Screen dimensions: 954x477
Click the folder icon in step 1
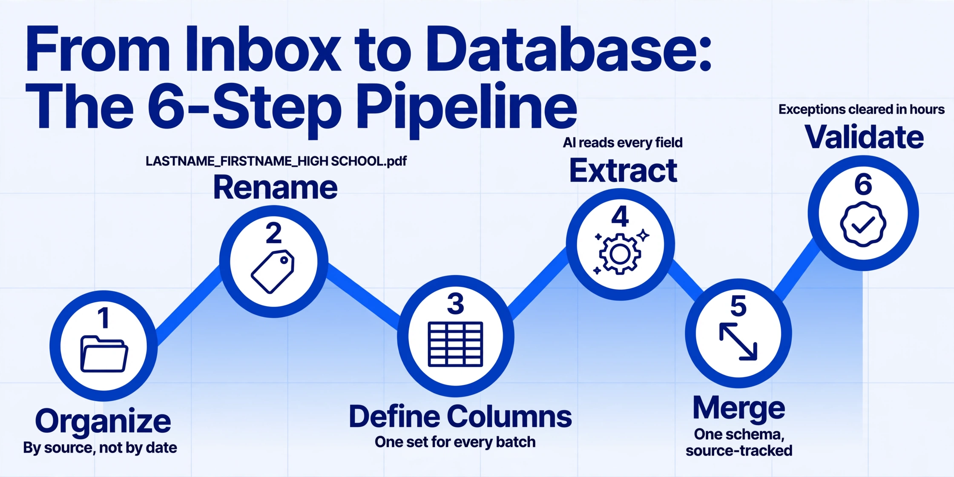click(104, 354)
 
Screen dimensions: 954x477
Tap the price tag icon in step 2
click(273, 272)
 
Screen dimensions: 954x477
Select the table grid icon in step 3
click(455, 344)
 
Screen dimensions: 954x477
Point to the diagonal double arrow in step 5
click(738, 342)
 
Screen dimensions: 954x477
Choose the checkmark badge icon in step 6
click(863, 224)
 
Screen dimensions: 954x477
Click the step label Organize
click(103, 421)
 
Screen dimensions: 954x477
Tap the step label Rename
click(275, 187)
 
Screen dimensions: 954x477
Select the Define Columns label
click(460, 416)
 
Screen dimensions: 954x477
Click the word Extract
click(623, 171)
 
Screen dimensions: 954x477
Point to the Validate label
click(864, 137)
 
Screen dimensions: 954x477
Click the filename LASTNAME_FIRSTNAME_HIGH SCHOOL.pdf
click(276, 161)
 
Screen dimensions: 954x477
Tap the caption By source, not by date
click(100, 448)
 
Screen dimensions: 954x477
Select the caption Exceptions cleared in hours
click(862, 109)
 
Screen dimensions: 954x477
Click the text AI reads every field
click(623, 143)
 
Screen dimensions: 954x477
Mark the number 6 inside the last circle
click(863, 184)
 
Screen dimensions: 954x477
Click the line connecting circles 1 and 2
click(188, 305)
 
